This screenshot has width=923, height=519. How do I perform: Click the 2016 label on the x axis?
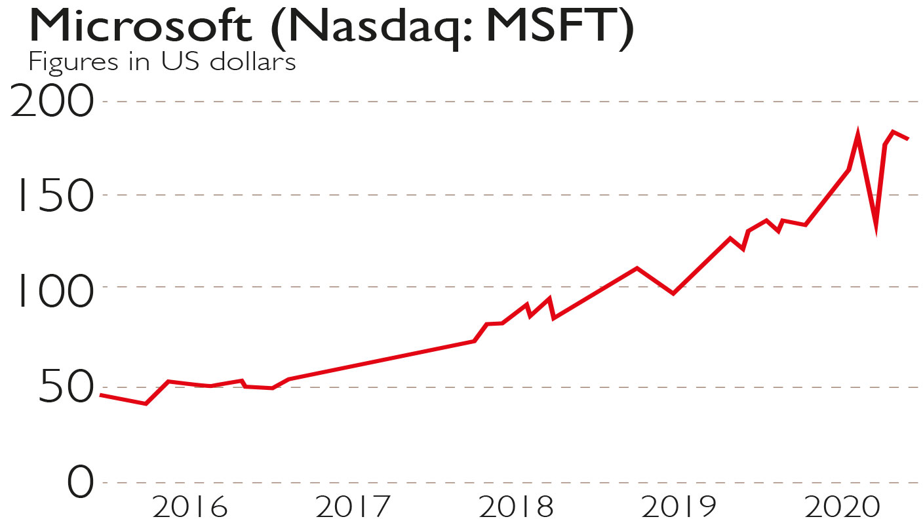click(190, 507)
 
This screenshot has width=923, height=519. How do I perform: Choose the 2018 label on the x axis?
click(516, 507)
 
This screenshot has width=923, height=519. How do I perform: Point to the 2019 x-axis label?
click(678, 507)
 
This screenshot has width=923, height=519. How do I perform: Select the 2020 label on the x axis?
click(842, 507)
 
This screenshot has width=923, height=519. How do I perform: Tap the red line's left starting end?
click(101, 395)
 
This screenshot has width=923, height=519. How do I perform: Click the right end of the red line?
click(907, 138)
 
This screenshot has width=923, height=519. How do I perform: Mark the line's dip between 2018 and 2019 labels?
click(673, 293)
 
